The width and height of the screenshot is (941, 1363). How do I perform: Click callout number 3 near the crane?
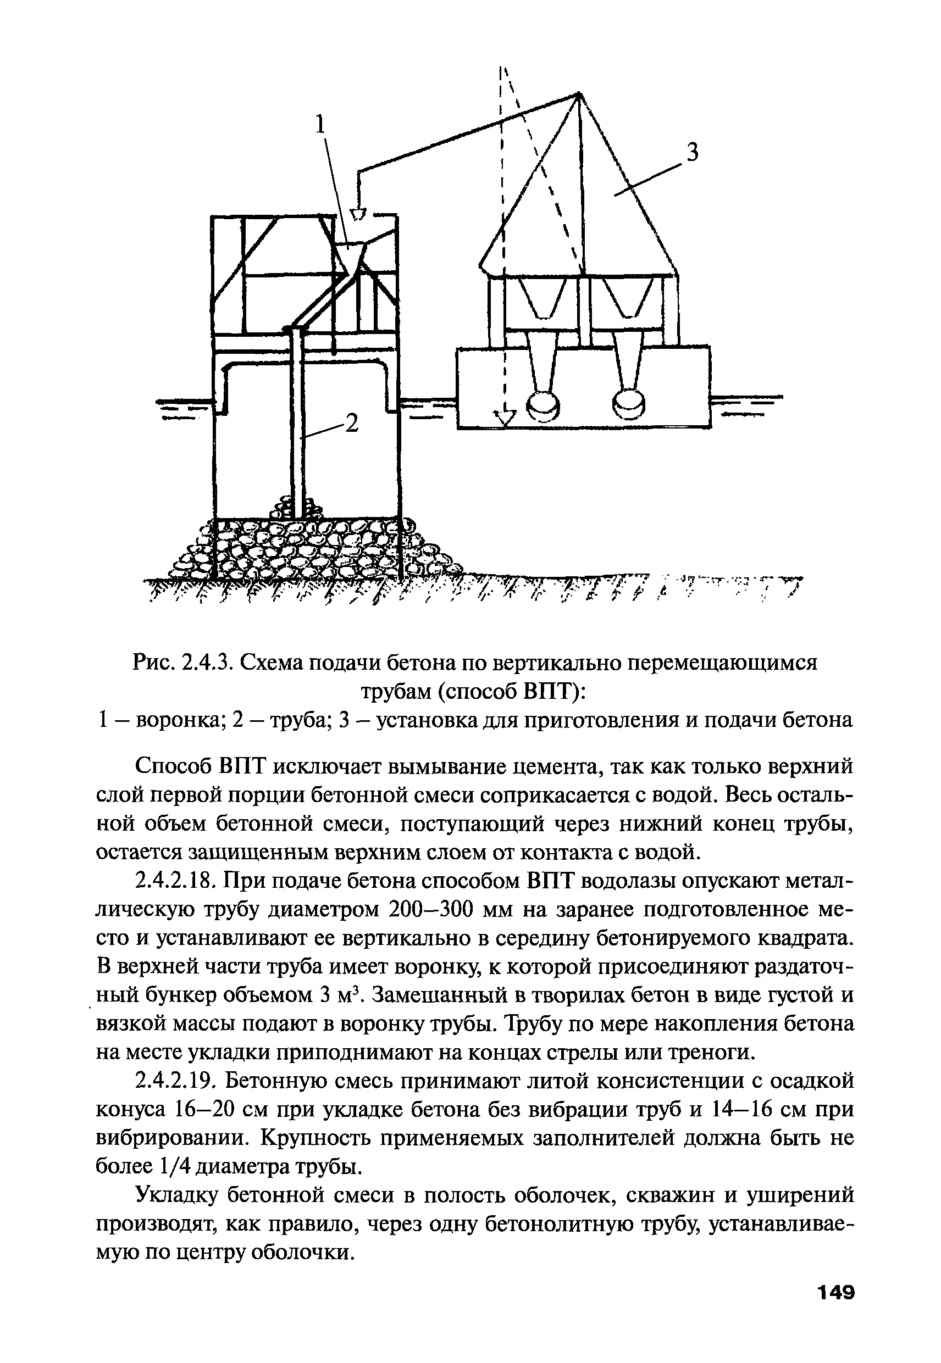pos(692,153)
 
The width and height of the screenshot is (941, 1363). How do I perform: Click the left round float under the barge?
pos(542,406)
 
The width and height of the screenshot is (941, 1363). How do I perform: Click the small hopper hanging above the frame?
pos(358,212)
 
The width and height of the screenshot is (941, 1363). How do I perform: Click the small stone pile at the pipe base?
pos(295,506)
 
